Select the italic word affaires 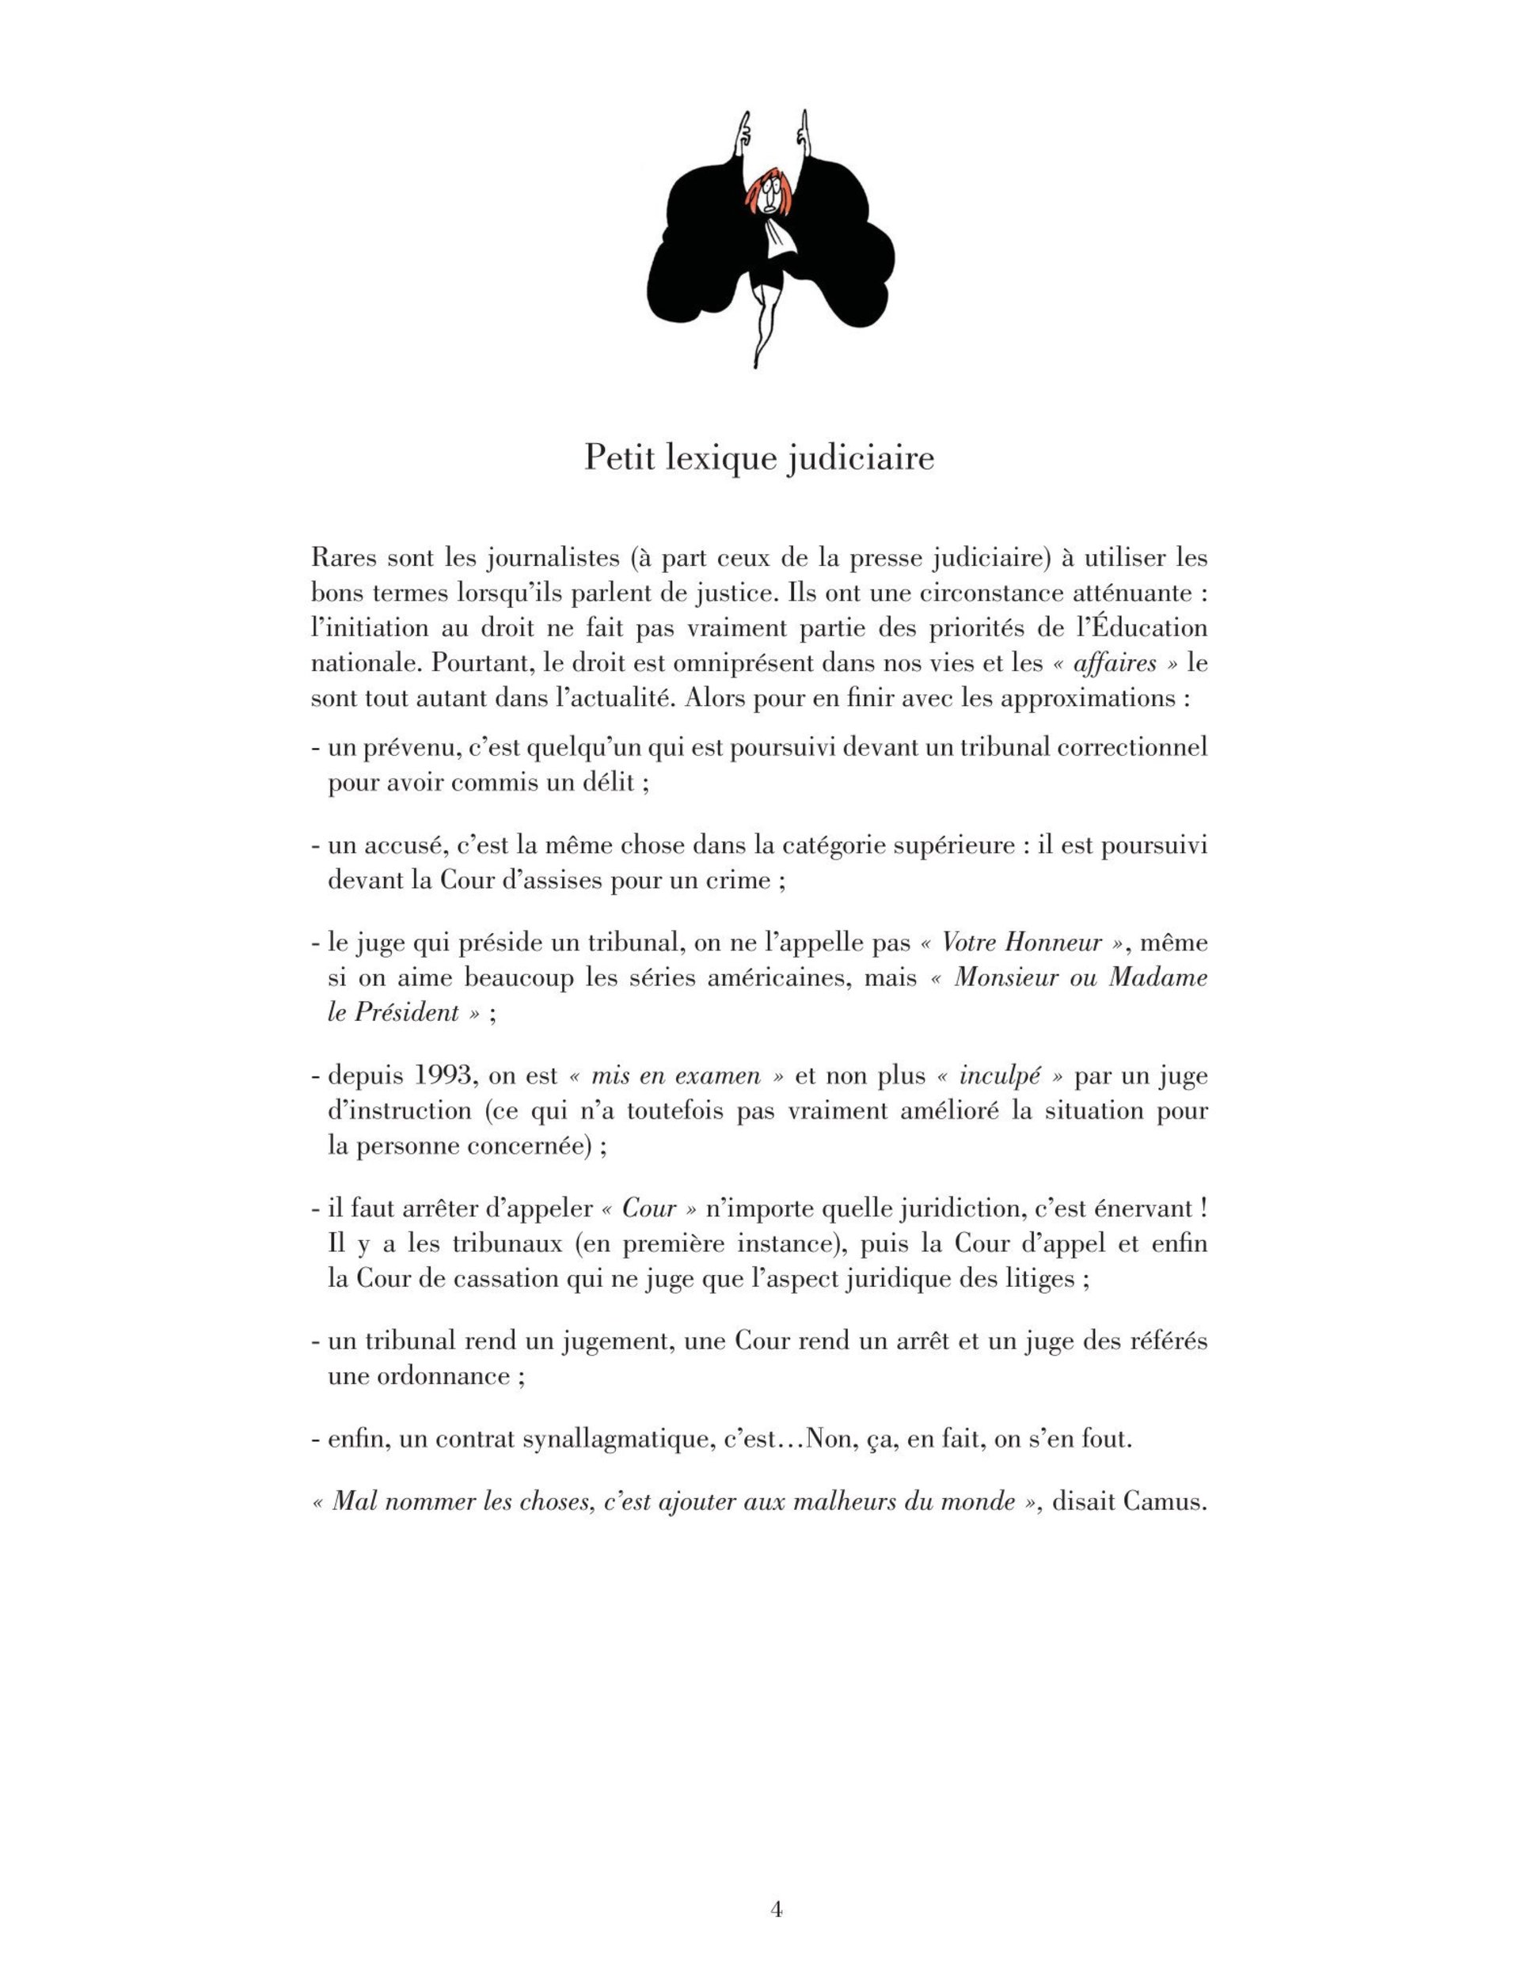pyautogui.click(x=1114, y=663)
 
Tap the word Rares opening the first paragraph pyautogui.click(x=344, y=558)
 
